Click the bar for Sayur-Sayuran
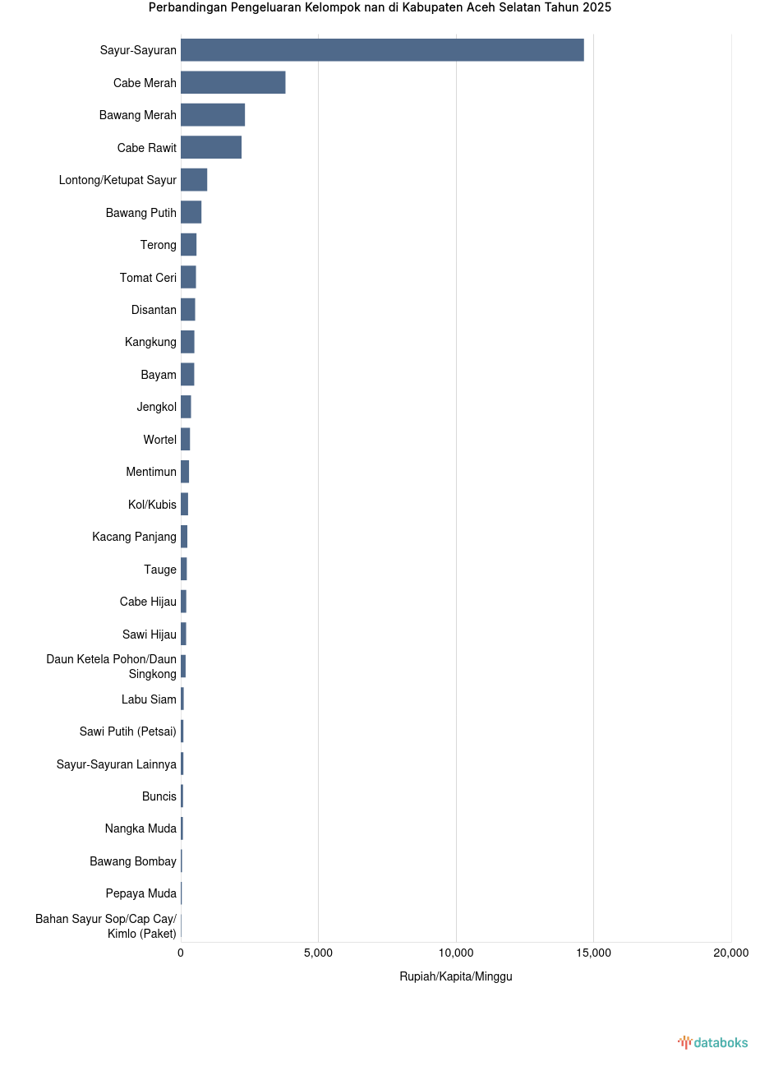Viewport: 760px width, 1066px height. pos(382,50)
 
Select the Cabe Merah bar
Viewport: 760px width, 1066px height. pos(233,83)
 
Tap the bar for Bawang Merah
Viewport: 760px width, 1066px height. pos(213,115)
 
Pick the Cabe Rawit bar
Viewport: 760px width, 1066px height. pos(211,148)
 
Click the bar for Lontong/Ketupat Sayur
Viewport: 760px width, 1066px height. pos(194,180)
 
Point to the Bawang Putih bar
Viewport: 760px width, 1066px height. pos(191,213)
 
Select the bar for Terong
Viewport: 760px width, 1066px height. pos(189,245)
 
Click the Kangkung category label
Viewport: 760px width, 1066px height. pos(150,342)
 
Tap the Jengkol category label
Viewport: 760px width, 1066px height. pos(156,407)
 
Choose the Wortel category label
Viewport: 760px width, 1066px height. pos(159,440)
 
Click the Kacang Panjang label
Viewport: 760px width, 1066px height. pos(134,537)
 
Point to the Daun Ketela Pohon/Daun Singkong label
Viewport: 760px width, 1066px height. pos(112,667)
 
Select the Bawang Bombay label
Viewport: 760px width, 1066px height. pos(133,861)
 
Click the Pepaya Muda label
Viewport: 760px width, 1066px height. pos(140,893)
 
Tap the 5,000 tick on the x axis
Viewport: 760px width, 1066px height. pos(318,953)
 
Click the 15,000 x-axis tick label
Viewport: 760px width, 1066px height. pos(593,953)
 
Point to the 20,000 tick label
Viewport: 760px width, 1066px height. pos(730,953)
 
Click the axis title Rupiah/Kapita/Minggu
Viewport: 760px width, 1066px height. pos(455,976)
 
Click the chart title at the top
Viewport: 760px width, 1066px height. pos(380,7)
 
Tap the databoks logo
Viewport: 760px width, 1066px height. pos(712,1043)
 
